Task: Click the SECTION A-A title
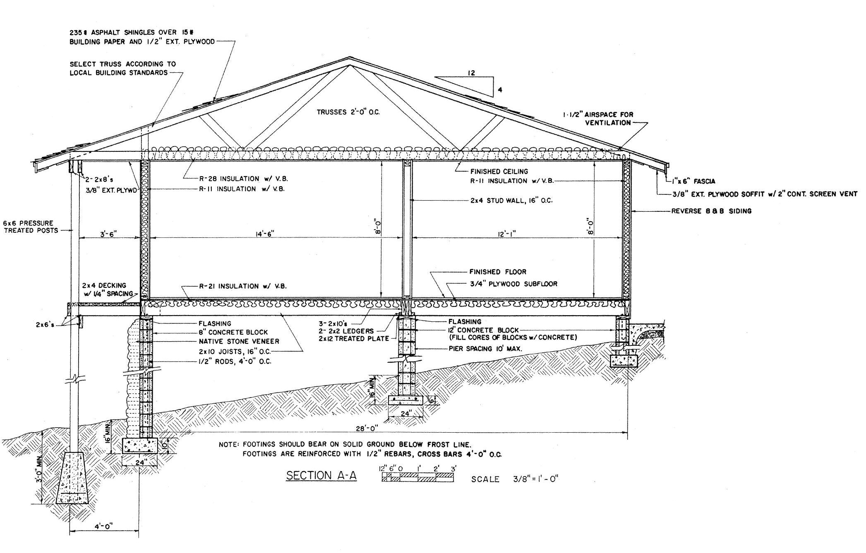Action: (321, 476)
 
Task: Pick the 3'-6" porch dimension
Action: (108, 234)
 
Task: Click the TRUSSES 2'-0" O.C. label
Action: (348, 112)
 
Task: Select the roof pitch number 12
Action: (471, 73)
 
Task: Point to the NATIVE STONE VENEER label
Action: (239, 342)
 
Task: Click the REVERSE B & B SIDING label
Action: (711, 211)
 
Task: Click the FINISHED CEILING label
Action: (499, 171)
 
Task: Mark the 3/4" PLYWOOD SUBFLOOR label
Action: (513, 284)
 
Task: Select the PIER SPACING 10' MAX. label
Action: (485, 349)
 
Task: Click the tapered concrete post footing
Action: (74, 479)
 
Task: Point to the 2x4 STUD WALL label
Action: (511, 201)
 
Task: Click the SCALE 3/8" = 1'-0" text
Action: (515, 479)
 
